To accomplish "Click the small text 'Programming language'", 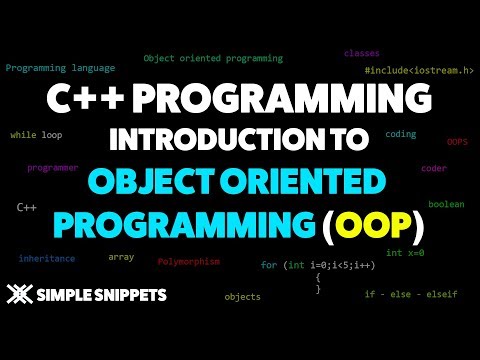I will coord(60,68).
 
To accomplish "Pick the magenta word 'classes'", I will coord(361,52).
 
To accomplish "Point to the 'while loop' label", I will coord(36,134).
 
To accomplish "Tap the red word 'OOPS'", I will coord(457,142).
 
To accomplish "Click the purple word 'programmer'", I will coord(52,167).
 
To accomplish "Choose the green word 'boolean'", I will coord(446,204).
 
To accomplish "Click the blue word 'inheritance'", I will coord(46,258).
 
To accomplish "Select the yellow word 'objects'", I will coord(242,296).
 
